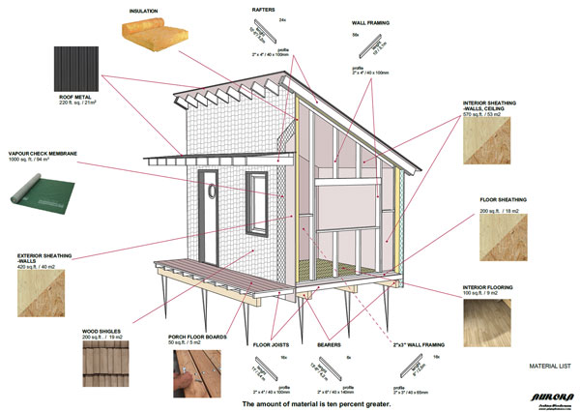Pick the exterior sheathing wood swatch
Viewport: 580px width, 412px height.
pos(40,294)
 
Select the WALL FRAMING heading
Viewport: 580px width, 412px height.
pos(370,20)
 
